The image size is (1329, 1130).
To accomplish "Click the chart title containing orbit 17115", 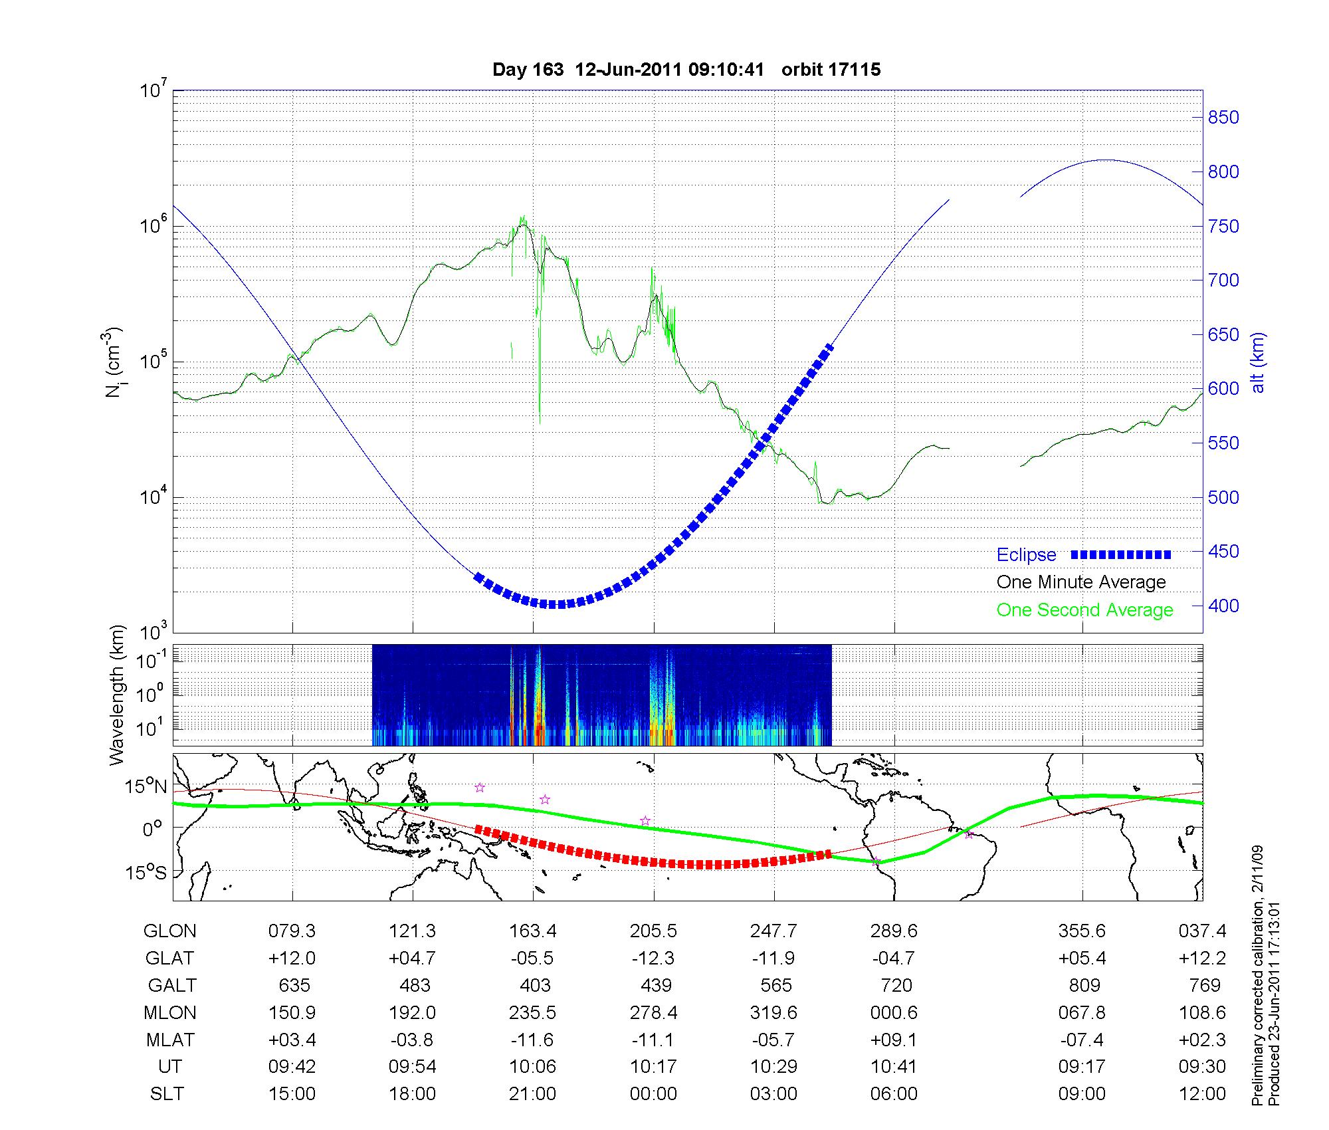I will click(x=686, y=70).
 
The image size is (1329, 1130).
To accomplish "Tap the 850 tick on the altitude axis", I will click(x=1223, y=118).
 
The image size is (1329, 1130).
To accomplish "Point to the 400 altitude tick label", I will click(x=1223, y=606).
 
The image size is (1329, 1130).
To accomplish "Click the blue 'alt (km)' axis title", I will click(x=1259, y=362).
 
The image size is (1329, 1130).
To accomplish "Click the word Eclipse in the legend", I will click(x=1026, y=555).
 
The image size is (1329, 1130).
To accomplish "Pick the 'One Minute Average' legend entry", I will click(x=1081, y=582).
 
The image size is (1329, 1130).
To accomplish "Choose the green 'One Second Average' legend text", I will click(x=1084, y=610).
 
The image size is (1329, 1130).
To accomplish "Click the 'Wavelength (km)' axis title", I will click(x=117, y=695).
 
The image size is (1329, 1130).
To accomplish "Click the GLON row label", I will click(x=169, y=931).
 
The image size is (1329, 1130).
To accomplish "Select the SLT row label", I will click(x=167, y=1094).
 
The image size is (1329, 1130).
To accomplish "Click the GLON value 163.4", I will click(x=532, y=931).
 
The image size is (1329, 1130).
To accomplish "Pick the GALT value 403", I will click(x=535, y=985).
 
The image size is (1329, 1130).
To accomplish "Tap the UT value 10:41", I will click(x=894, y=1067).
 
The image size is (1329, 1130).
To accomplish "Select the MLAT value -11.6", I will click(x=532, y=1040).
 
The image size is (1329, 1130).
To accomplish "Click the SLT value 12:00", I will click(x=1202, y=1094).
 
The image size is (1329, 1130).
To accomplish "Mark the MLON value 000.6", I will click(x=894, y=1013).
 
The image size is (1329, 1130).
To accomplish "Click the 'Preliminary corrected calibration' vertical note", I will click(x=1257, y=977).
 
